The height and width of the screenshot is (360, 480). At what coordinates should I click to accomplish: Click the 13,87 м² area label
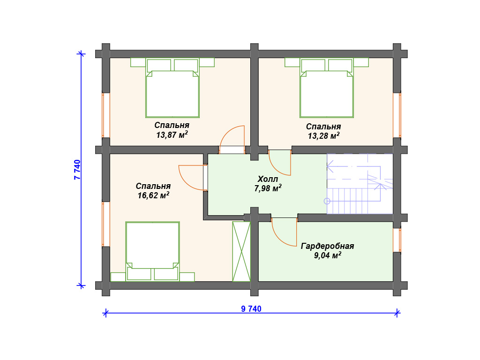172,135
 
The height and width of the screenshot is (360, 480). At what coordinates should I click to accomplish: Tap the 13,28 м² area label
323,135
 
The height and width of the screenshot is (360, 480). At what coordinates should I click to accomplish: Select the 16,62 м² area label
153,195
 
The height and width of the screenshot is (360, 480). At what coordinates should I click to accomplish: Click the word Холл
268,179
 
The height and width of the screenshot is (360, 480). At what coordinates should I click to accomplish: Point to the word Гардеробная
327,246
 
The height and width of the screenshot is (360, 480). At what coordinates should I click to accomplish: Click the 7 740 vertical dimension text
77,170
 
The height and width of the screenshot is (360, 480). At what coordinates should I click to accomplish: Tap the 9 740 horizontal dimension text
251,308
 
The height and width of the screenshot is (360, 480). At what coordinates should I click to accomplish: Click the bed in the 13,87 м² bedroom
172,88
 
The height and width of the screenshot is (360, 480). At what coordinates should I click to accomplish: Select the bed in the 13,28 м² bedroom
327,88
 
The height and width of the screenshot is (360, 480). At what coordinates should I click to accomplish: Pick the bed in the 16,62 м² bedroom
152,251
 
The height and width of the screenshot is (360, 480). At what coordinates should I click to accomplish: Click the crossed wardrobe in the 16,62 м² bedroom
241,251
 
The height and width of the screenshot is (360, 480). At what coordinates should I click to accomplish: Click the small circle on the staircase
327,201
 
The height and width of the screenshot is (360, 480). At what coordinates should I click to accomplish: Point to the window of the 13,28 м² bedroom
397,115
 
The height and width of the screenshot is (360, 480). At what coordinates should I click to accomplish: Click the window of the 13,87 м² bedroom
105,115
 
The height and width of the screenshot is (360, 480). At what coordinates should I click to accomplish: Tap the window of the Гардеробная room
397,240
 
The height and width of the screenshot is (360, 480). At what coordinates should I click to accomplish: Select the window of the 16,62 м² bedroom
105,224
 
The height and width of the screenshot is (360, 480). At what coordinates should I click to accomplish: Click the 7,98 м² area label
268,188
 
